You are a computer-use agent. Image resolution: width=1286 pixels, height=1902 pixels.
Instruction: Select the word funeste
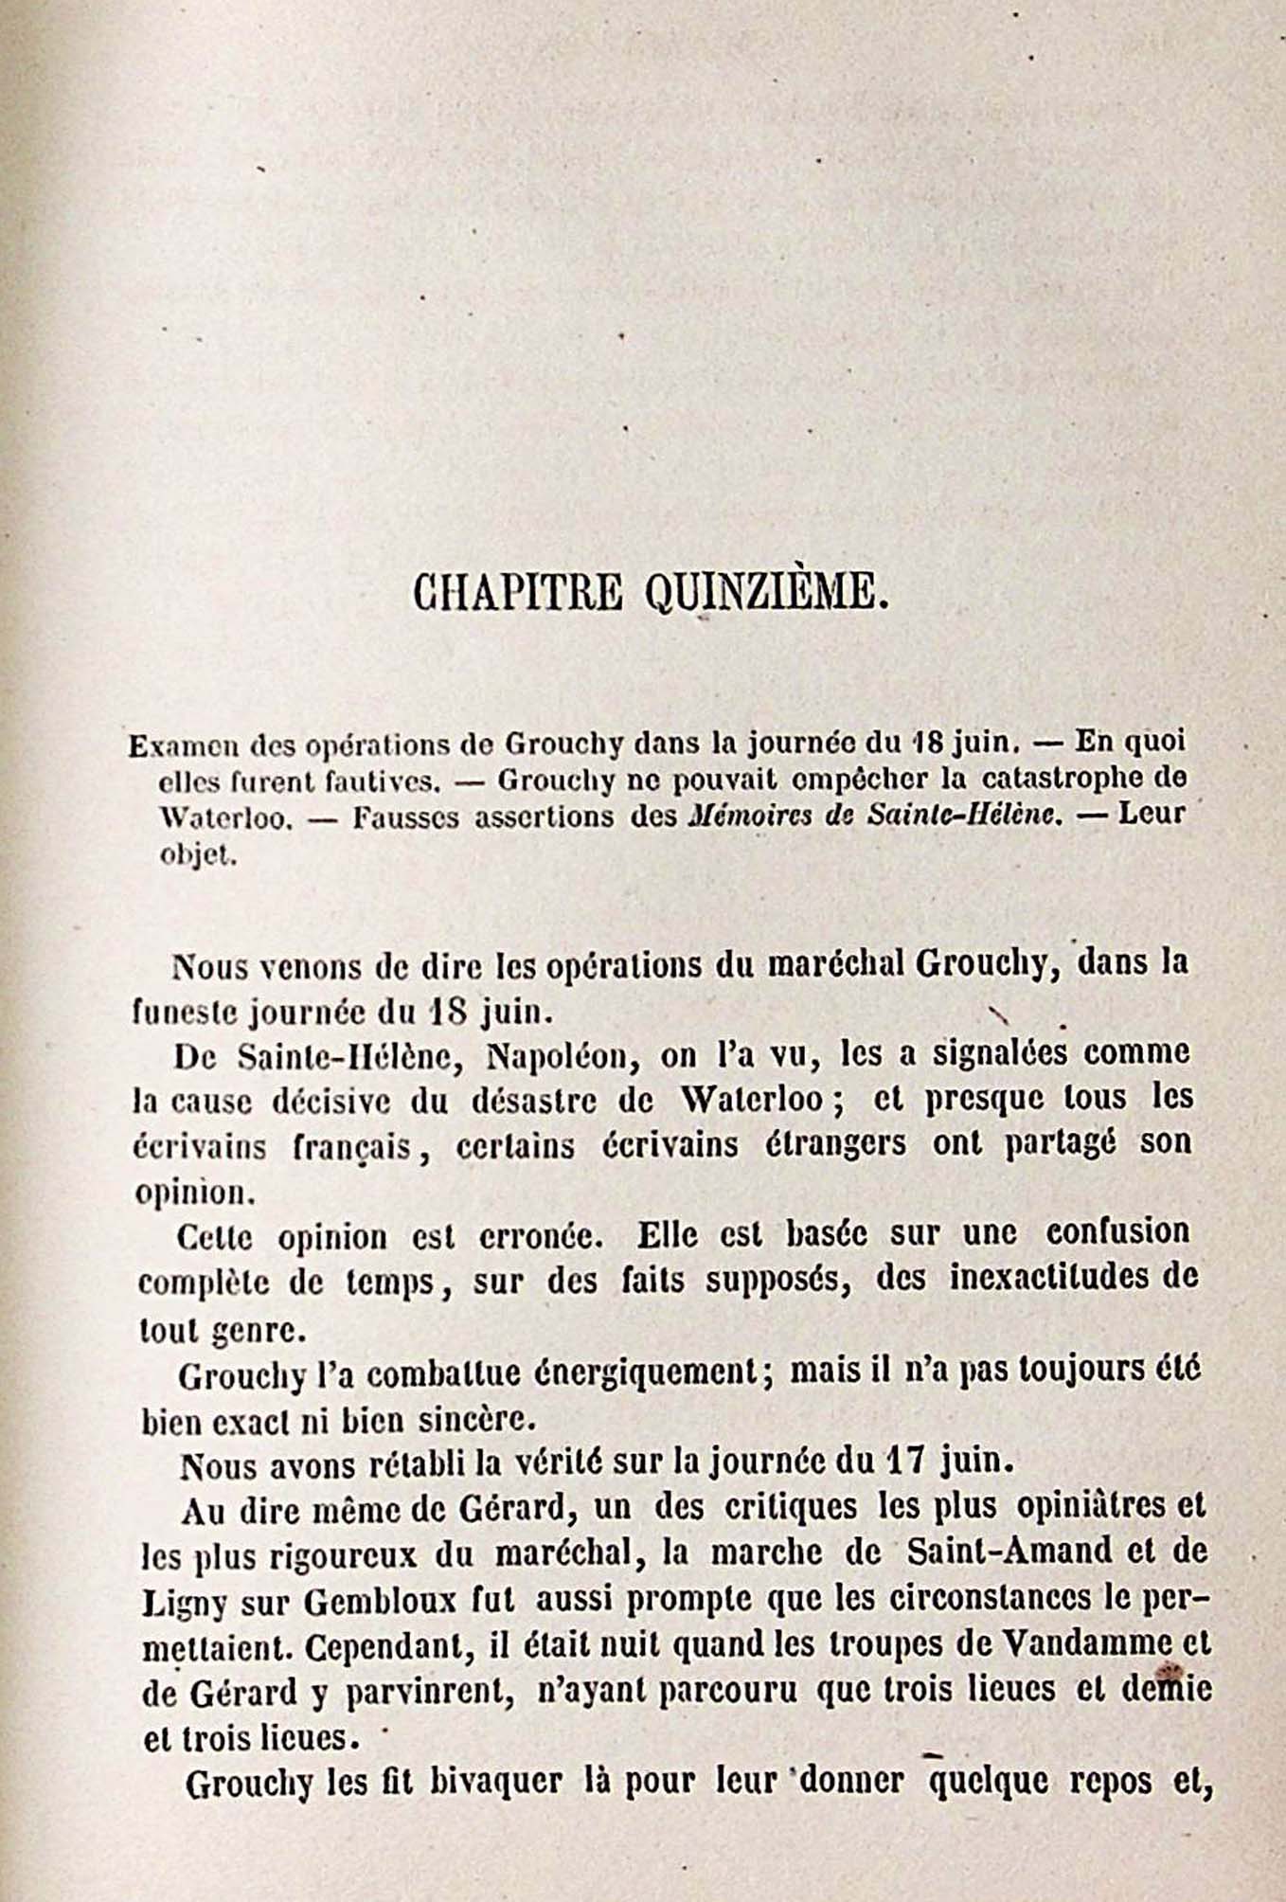point(182,1012)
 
